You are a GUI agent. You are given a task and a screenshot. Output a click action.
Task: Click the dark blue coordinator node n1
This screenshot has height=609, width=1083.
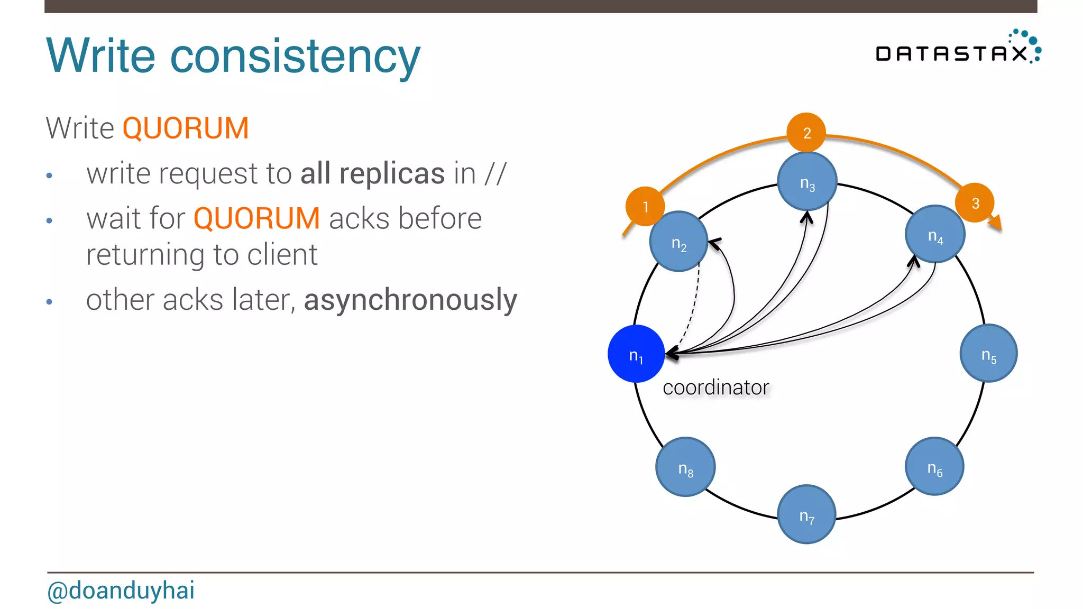636,354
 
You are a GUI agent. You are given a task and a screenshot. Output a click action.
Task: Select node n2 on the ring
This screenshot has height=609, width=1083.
678,242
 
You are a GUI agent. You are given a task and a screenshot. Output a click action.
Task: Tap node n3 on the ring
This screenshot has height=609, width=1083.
807,181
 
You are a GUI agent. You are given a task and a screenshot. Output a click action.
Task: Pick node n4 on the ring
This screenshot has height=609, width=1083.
935,234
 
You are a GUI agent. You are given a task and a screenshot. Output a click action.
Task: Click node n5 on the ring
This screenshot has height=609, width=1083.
988,353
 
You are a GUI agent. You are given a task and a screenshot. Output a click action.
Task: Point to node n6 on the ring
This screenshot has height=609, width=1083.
934,466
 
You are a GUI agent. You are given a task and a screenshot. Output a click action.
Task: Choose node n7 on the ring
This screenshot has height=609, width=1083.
806,514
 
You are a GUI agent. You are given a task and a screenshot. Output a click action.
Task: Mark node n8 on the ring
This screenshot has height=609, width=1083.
685,467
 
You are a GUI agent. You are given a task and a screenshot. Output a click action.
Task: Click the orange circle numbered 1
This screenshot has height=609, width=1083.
645,206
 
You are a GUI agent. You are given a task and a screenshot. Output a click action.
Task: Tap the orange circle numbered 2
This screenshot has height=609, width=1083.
806,132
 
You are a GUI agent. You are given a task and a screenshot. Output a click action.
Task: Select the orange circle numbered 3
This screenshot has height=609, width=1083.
975,203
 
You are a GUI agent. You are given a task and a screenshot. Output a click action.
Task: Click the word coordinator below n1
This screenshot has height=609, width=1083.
715,387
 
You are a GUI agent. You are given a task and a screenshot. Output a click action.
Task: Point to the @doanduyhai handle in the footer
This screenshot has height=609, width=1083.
121,590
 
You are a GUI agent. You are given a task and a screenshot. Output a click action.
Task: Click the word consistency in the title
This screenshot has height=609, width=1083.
295,56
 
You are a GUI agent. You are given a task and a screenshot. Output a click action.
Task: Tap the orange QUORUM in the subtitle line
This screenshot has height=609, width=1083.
186,128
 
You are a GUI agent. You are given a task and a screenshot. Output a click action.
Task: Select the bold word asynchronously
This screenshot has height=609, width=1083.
410,300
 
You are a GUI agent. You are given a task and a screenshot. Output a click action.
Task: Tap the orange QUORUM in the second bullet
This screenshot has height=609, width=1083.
256,218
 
